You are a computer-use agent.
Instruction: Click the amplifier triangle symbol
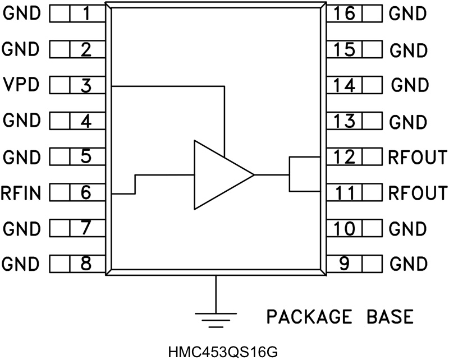tap(219, 175)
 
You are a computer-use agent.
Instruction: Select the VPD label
tap(21, 86)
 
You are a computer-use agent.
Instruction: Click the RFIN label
tap(21, 193)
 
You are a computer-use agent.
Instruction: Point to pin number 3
tap(85, 86)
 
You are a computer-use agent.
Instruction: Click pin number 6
tap(85, 193)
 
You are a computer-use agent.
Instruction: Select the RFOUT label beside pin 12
tap(417, 157)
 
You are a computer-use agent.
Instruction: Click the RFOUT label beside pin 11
tap(417, 193)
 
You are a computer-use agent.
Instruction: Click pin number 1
tap(85, 13)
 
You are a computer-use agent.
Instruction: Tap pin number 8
tap(85, 264)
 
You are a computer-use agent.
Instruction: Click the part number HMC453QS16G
tap(222, 352)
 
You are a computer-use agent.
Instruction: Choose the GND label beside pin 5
tap(21, 157)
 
